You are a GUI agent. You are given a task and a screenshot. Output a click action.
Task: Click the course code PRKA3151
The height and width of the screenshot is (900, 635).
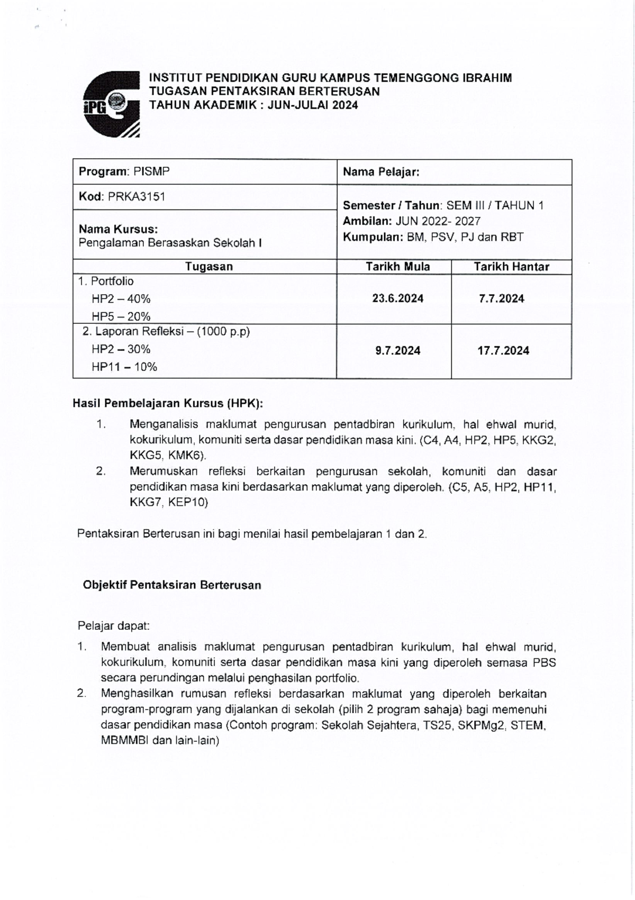[x=137, y=197]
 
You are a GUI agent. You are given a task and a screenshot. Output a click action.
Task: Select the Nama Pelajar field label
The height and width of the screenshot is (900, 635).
[x=381, y=172]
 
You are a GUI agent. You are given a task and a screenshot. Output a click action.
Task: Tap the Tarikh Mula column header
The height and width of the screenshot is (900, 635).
[x=397, y=267]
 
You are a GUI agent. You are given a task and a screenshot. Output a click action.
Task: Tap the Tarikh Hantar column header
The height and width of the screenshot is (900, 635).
[x=511, y=267]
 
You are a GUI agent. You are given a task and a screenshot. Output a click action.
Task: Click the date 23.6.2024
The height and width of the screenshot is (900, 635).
[x=397, y=298]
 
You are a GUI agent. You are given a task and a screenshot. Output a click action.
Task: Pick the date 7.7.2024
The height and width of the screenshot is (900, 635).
[x=501, y=298]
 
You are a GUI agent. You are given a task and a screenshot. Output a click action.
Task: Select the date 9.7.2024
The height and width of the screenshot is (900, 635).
[x=397, y=351]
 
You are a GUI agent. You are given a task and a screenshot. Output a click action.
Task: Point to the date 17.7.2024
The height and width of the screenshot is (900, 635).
[x=503, y=351]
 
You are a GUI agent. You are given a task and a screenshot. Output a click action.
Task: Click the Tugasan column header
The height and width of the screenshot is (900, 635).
[x=209, y=267]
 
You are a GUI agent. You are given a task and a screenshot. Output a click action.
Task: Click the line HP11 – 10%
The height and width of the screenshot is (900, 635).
[x=124, y=367]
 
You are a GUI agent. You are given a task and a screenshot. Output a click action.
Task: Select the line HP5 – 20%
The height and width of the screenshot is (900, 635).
[x=121, y=316]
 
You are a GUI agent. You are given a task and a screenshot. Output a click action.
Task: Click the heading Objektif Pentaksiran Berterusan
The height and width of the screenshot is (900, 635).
[x=172, y=585]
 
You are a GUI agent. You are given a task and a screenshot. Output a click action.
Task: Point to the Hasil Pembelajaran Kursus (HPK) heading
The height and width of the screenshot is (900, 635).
[x=168, y=404]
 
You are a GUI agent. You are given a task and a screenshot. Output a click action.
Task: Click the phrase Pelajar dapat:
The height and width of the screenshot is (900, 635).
[x=114, y=626]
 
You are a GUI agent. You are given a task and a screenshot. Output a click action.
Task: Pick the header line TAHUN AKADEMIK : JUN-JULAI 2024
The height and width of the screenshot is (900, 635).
[x=253, y=105]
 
